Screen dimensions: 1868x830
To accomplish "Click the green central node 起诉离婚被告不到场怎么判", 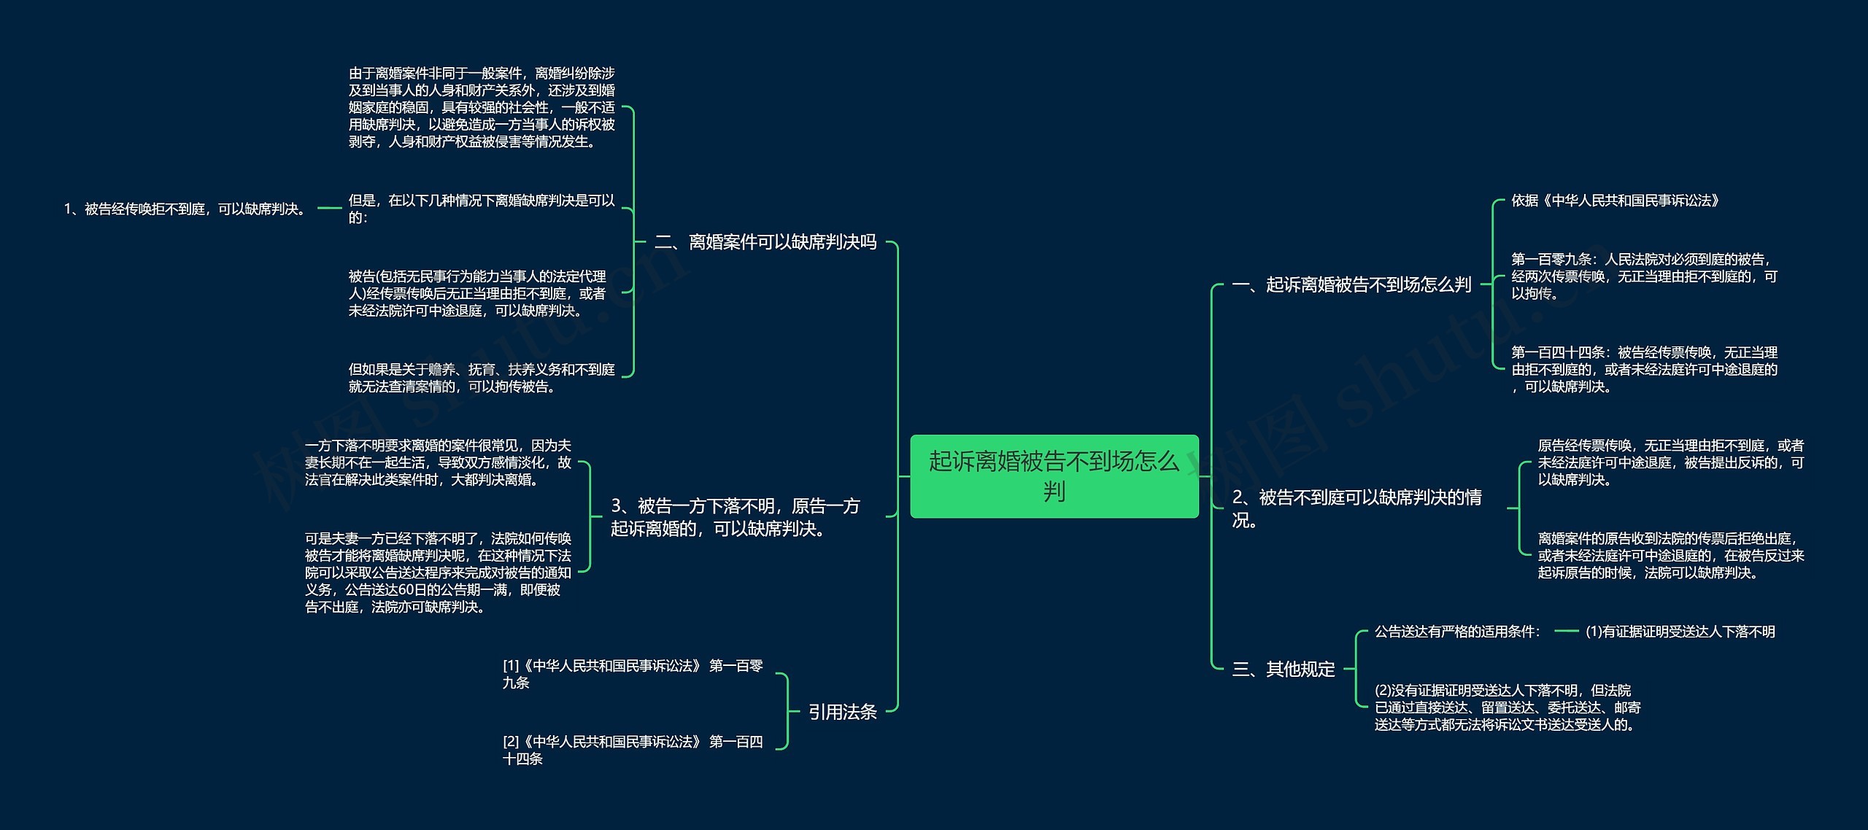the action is [1054, 476].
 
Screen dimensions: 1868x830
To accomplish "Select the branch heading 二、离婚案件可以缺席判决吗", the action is [765, 241].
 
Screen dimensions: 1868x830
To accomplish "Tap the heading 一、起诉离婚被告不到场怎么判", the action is [1351, 284].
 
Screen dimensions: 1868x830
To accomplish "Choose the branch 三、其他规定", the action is [1283, 669].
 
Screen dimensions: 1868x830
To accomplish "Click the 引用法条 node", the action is [842, 712].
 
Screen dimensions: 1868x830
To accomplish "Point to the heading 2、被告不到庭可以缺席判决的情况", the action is [1356, 508].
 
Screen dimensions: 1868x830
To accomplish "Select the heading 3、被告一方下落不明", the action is [735, 516].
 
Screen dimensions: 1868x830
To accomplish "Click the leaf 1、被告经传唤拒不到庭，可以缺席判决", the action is [185, 209].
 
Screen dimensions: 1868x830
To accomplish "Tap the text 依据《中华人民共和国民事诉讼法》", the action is [1615, 201].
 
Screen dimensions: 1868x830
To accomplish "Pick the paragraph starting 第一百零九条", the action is [1643, 276].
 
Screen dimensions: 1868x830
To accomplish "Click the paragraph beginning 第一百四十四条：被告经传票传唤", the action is [1643, 369].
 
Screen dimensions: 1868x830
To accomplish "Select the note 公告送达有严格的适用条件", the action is [1457, 632].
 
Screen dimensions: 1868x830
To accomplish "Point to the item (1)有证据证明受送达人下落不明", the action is [1680, 632].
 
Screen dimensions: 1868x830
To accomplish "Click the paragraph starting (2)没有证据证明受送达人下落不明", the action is [1508, 707].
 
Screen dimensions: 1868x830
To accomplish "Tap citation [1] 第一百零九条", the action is [632, 674].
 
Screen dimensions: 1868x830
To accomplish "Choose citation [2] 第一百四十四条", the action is [632, 750].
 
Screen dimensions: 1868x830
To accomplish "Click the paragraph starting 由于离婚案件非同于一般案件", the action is [482, 108].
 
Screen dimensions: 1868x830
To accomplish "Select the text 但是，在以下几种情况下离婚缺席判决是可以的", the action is [482, 209].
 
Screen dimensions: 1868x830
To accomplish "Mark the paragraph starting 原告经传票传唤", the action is [1670, 462].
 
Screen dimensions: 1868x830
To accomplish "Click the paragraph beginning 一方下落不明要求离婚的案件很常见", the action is [438, 462].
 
